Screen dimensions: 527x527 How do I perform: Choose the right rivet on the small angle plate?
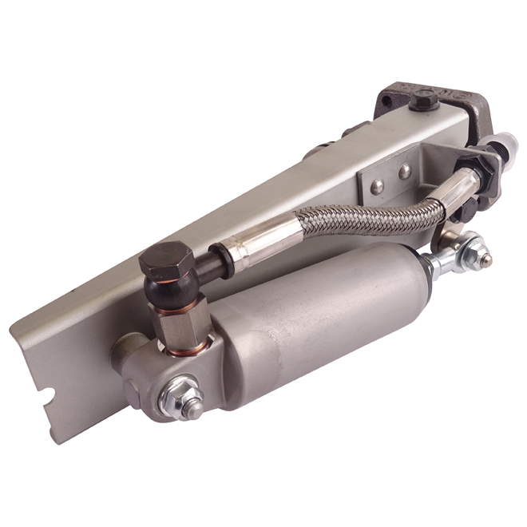point(406,171)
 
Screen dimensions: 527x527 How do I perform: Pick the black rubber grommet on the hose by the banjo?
point(219,262)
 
